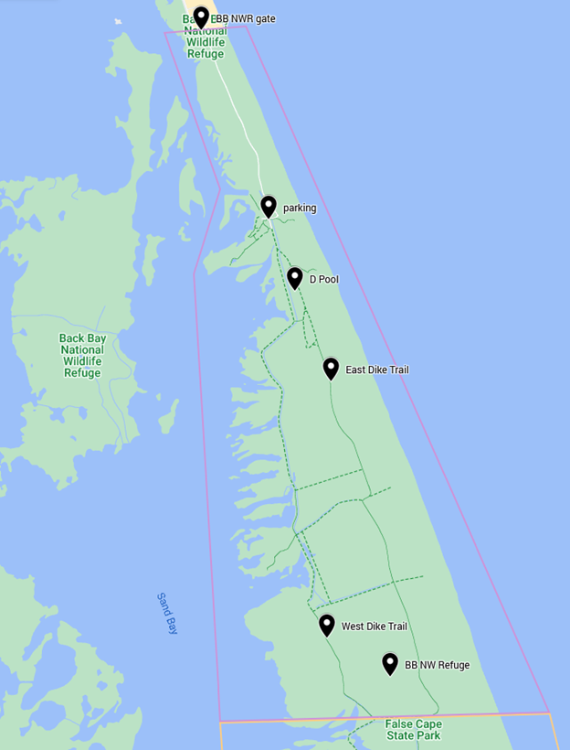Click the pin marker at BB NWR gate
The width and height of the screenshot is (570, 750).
coord(201,17)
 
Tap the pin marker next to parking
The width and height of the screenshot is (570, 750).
coord(269,206)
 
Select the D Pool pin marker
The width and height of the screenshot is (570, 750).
coord(294,277)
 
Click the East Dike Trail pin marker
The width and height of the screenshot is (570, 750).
coord(331,368)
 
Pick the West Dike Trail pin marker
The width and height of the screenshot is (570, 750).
coord(326,625)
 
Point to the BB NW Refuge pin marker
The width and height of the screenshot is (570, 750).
coord(390,663)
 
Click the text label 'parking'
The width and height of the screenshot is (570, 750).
coord(300,208)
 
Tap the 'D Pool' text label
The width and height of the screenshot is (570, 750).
coord(323,279)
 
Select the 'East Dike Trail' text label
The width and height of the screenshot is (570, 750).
coord(377,370)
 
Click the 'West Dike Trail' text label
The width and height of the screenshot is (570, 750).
coord(375,627)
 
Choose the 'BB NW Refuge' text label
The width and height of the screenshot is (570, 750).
coord(438,665)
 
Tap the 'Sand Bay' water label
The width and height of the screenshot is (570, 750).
coord(166,613)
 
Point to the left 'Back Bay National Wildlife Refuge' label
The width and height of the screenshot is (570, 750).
coord(82,355)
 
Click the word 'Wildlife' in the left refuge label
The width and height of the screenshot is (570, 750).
coord(82,361)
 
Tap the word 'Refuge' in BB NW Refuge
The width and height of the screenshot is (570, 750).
coord(452,665)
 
